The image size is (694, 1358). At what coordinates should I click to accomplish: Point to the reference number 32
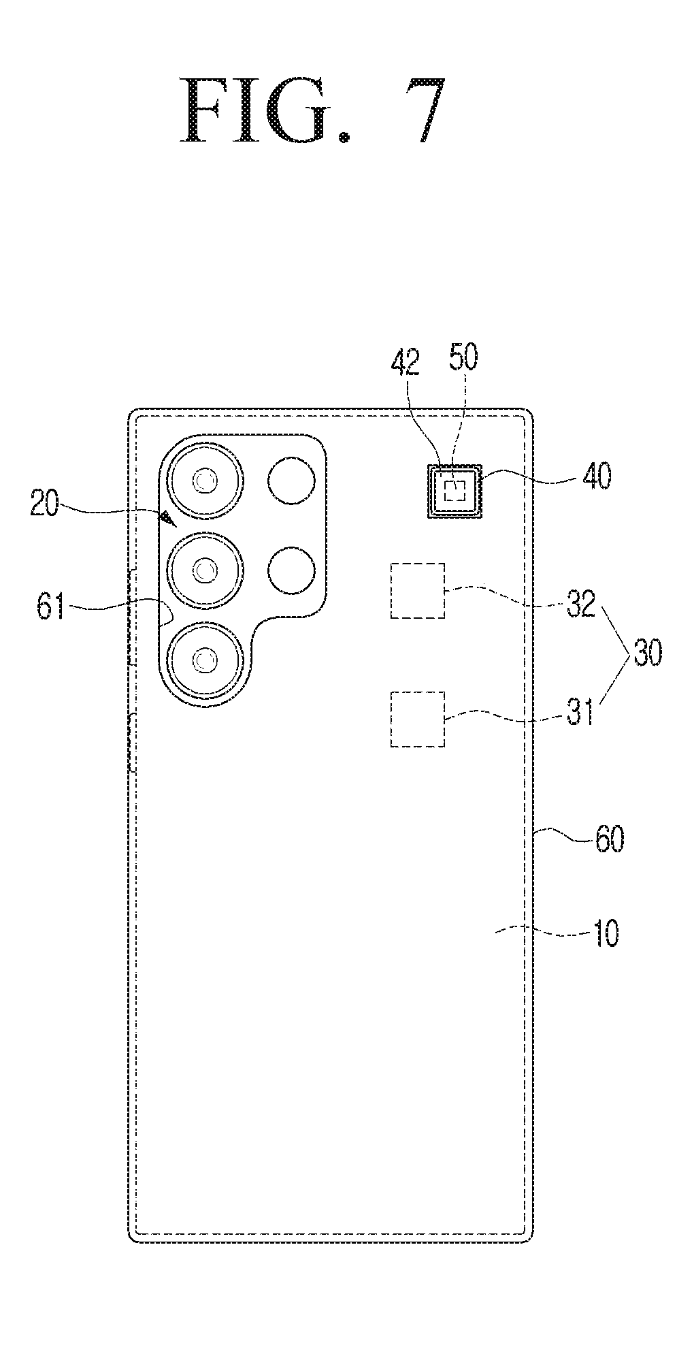point(580,602)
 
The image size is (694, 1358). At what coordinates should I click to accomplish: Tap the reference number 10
point(605,933)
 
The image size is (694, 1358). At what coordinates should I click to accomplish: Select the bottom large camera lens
point(205,658)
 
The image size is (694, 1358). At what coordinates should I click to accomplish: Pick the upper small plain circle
point(292,481)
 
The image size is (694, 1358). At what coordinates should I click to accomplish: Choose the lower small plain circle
point(292,570)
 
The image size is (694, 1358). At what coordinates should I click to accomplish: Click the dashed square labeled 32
point(418,591)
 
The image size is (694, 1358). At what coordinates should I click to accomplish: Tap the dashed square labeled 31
point(418,720)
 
